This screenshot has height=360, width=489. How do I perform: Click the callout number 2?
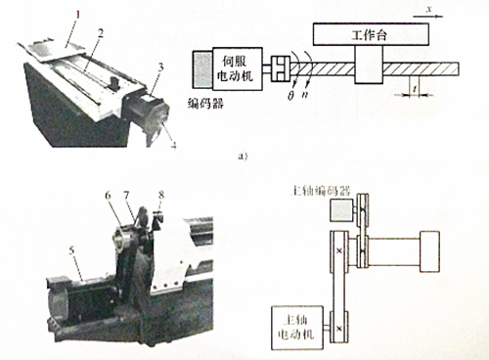(x=99, y=31)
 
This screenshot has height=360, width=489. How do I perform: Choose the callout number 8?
(x=161, y=196)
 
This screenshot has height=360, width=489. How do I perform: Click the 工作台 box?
(x=369, y=35)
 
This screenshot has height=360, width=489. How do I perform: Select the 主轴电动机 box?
(x=297, y=324)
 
